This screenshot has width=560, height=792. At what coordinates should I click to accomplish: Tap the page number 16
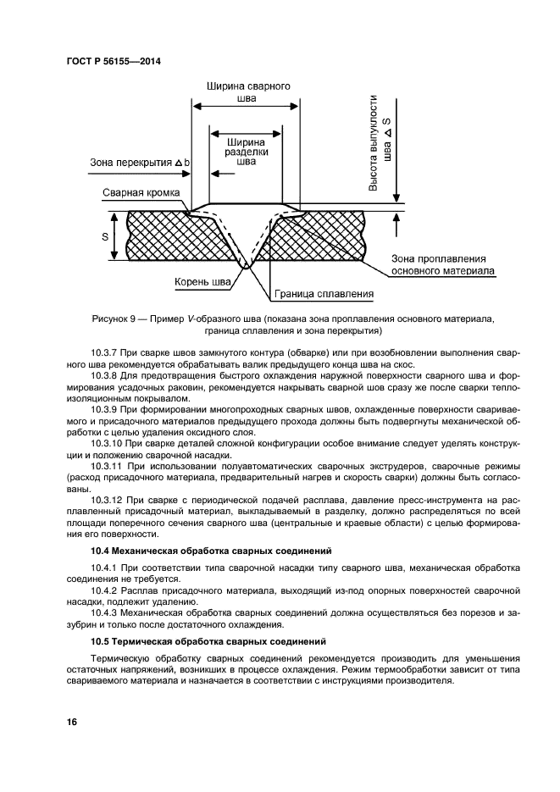pyautogui.click(x=72, y=722)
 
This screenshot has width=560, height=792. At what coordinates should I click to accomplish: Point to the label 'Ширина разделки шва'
pyautogui.click(x=246, y=151)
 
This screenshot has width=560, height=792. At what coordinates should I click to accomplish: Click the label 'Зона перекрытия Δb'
pyautogui.click(x=140, y=162)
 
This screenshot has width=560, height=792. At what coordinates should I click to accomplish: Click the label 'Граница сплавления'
pyautogui.click(x=324, y=294)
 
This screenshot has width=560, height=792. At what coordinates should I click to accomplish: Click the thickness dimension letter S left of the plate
pyautogui.click(x=105, y=236)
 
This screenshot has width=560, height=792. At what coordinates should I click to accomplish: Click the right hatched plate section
pyautogui.click(x=339, y=236)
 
